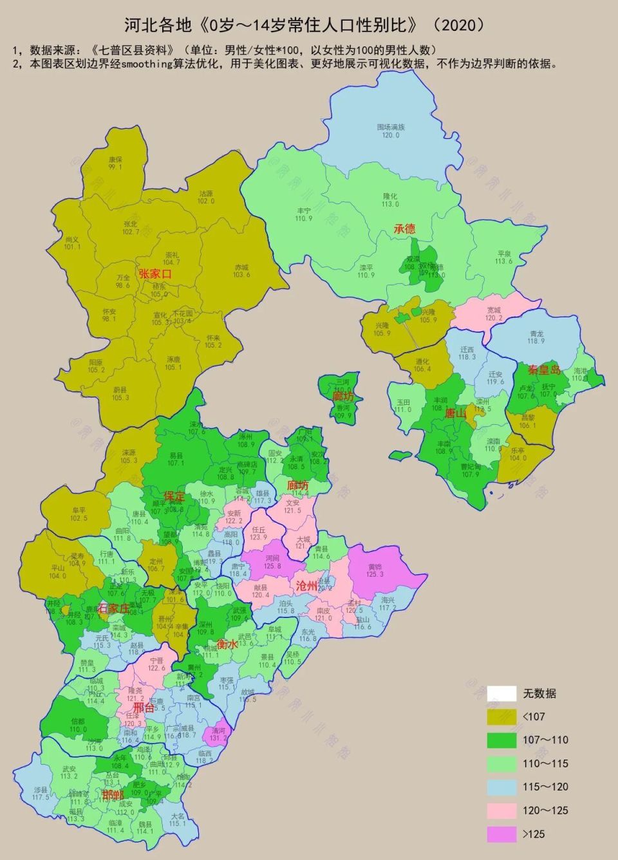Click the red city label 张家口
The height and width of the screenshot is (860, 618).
coord(155,274)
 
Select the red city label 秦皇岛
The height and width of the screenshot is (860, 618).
coord(544,370)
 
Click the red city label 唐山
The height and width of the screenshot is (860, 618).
coord(455,413)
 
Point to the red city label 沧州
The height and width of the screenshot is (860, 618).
coord(306,586)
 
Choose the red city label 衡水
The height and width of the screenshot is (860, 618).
coord(227,644)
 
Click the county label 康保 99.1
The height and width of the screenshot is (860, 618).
coord(115,163)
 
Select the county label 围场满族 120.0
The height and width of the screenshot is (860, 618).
coord(391,131)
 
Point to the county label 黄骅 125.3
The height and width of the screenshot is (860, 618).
coord(375,570)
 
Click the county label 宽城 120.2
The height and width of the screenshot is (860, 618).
coord(494,313)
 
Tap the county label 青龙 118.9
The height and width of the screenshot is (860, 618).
coord(536,337)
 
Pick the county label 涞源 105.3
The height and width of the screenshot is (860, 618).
coord(129,456)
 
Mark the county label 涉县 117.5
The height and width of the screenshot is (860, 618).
coord(41,793)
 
